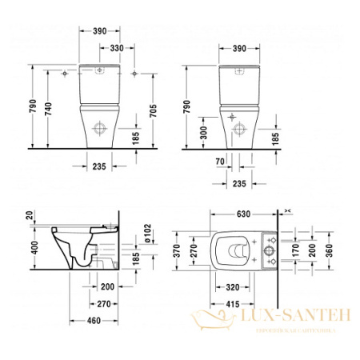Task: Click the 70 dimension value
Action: [218, 160]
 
